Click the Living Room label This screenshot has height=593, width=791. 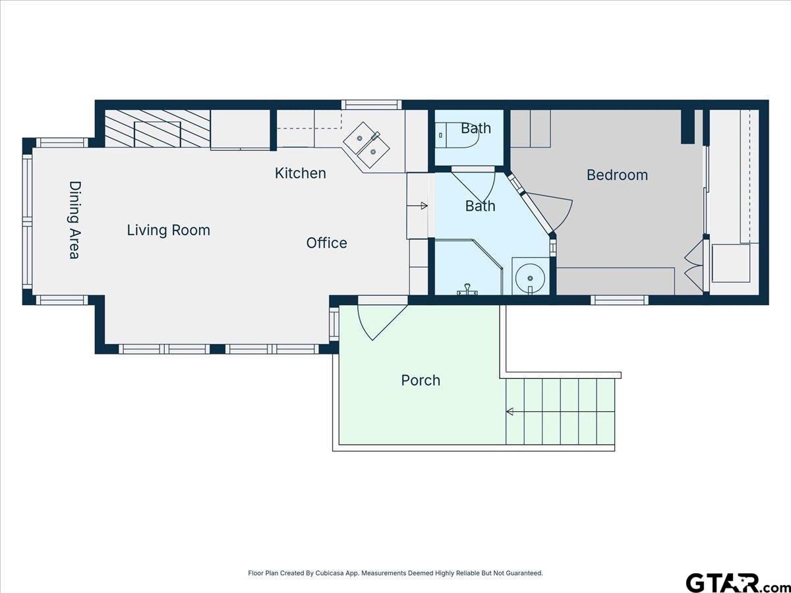(168, 231)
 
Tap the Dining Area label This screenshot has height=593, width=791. (75, 219)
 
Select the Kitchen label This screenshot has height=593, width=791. (300, 173)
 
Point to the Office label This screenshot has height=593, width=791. (326, 243)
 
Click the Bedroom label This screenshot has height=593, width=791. (617, 175)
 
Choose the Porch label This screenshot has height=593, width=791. (421, 381)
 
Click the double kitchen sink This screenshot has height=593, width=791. (366, 145)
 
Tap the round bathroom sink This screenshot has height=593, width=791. (530, 277)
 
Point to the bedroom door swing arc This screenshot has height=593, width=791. (551, 212)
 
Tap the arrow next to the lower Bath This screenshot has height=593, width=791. (417, 206)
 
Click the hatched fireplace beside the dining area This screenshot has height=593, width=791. (157, 128)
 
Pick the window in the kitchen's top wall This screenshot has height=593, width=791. (372, 105)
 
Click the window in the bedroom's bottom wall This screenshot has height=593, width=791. (620, 300)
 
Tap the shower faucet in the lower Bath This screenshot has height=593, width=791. (467, 290)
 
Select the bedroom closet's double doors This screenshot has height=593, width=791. (694, 266)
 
